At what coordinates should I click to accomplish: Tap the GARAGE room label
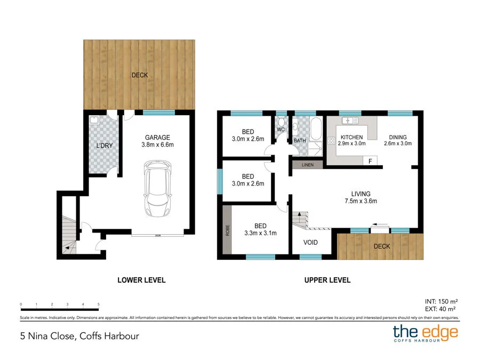coord(157,137)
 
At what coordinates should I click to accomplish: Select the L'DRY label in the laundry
coord(105,145)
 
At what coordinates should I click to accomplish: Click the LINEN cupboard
coord(307,165)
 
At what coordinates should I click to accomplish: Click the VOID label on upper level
coord(310,242)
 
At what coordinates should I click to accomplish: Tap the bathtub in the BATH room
coord(315,128)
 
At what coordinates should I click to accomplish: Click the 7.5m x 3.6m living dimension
coord(361,201)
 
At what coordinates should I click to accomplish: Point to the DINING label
coord(399,137)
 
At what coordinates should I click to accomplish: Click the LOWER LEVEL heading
coord(141,279)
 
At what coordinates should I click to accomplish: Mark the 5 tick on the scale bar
coord(99,305)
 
